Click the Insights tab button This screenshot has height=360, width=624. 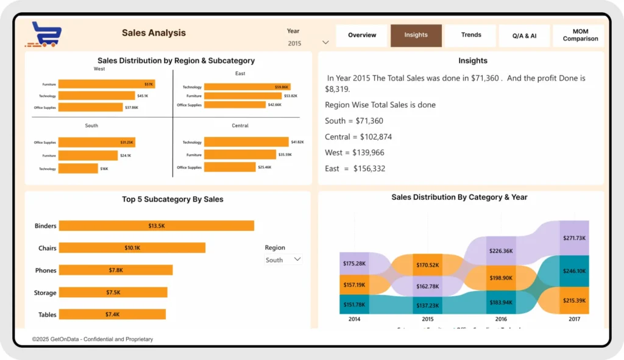click(x=416, y=35)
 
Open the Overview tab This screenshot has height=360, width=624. click(x=362, y=35)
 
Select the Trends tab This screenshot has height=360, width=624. click(x=471, y=35)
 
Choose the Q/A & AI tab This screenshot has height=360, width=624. click(x=524, y=35)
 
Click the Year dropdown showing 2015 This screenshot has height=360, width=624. click(x=308, y=43)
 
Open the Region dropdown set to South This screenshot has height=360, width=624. click(x=283, y=259)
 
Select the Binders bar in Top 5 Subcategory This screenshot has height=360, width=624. click(x=156, y=226)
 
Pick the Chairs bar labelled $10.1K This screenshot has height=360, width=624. click(x=132, y=248)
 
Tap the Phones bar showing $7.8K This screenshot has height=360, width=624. click(x=116, y=270)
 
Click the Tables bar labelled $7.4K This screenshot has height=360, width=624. click(x=112, y=314)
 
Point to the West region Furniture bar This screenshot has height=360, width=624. click(x=106, y=84)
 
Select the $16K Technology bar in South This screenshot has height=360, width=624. click(x=78, y=169)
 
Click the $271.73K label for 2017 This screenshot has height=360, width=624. click(x=574, y=238)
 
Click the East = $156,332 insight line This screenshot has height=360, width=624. click(x=355, y=169)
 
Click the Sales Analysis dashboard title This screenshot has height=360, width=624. click(x=154, y=33)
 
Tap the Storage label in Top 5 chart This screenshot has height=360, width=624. click(x=45, y=293)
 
